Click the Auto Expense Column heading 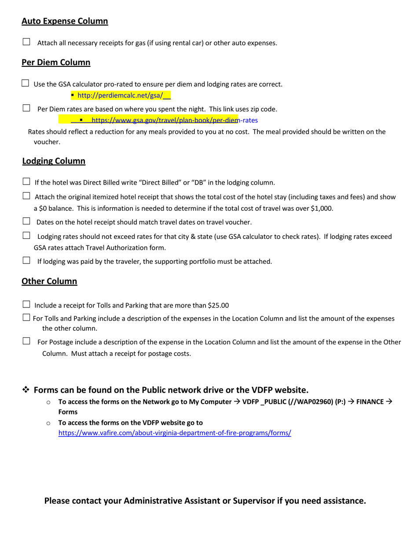point(65,21)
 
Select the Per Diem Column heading point(56,62)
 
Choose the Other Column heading point(49,281)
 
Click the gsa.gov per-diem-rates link point(174,120)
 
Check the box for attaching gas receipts point(26,42)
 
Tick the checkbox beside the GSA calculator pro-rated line point(25,83)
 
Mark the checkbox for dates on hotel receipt point(26,221)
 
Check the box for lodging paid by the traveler point(26,261)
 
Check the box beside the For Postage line point(26,341)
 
